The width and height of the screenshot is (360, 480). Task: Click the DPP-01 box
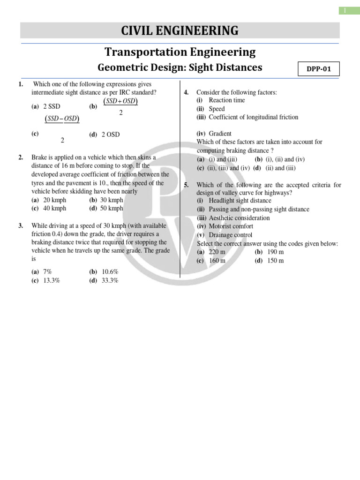pyautogui.click(x=319, y=69)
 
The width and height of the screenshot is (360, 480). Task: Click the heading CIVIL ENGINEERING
pyautogui.click(x=180, y=31)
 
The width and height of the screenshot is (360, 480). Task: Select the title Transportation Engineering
pyautogui.click(x=180, y=52)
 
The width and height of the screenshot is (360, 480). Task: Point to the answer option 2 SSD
pyautogui.click(x=52, y=106)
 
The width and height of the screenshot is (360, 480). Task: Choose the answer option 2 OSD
pyautogui.click(x=111, y=135)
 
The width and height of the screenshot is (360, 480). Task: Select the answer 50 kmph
pyautogui.click(x=112, y=209)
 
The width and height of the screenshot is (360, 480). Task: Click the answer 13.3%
pyautogui.click(x=52, y=280)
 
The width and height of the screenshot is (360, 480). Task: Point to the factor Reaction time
pyautogui.click(x=226, y=100)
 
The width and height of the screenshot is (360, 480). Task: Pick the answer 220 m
pyautogui.click(x=217, y=252)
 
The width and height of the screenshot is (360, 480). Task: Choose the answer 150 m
pyautogui.click(x=275, y=261)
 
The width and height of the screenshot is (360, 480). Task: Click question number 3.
pyautogui.click(x=21, y=225)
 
